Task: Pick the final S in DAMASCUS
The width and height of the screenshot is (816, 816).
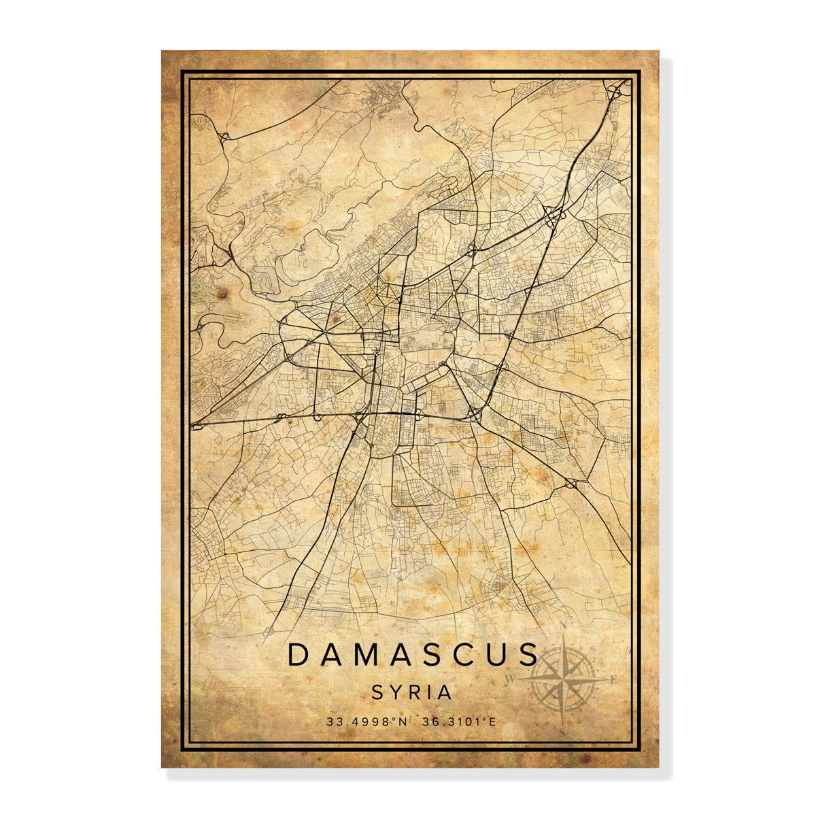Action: click(x=528, y=655)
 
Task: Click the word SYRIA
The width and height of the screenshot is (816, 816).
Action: click(x=411, y=692)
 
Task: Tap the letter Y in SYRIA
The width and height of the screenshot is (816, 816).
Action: click(x=394, y=692)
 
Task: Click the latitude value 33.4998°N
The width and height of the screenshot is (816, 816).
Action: click(x=367, y=721)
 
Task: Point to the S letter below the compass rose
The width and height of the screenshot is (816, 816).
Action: click(x=563, y=732)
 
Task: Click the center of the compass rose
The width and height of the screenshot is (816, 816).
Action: click(x=562, y=679)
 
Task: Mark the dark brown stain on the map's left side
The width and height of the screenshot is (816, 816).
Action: click(x=222, y=293)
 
